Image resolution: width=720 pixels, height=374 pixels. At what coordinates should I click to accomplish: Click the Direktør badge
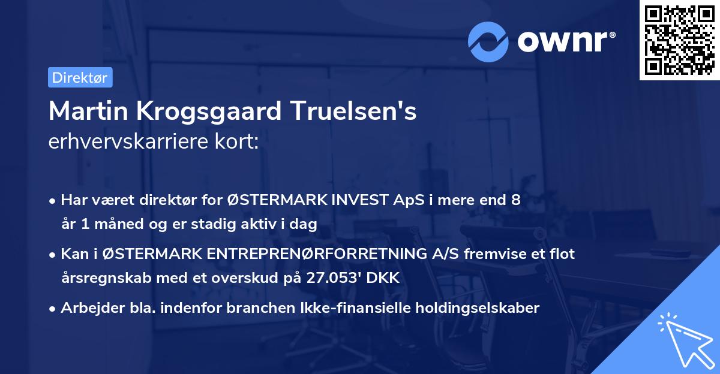80,77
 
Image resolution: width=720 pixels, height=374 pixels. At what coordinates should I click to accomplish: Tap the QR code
680,40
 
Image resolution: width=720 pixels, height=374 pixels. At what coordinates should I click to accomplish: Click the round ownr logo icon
488,41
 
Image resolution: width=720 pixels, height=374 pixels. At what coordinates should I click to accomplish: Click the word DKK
385,278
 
